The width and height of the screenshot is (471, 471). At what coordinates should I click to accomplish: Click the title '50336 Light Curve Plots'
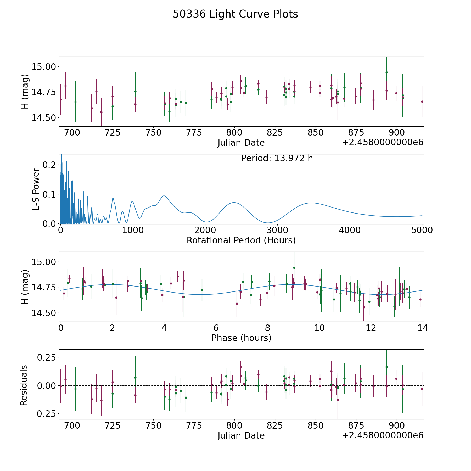235,14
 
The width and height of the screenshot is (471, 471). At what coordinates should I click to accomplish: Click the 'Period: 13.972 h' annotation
277,158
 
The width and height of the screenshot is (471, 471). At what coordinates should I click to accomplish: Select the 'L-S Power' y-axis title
36,189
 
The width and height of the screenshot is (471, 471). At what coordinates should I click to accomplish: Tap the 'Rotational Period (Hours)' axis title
241,240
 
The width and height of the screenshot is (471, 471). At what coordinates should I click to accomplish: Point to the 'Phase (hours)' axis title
241,338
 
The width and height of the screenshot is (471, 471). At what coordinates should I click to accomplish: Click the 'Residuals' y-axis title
24,385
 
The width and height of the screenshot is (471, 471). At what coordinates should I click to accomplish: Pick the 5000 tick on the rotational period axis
422,230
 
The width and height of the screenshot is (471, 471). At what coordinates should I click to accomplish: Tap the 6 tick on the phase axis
216,328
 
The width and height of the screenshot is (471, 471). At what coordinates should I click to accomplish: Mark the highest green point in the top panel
386,72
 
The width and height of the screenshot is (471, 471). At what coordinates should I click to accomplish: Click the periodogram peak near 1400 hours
164,196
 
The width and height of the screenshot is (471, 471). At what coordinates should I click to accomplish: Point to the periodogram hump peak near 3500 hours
311,203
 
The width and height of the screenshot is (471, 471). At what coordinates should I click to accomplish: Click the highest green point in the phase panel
294,268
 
